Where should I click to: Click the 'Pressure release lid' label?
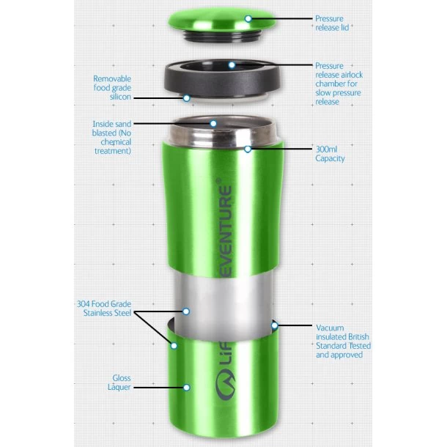click(332, 23)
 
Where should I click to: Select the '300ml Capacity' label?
click(330, 154)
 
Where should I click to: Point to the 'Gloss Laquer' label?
click(119, 383)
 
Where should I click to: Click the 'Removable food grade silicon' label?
click(112, 87)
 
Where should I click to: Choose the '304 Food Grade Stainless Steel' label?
click(104, 309)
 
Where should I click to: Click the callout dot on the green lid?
click(248, 19)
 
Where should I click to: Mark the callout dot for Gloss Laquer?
click(187, 388)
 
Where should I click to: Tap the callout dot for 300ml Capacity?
click(248, 149)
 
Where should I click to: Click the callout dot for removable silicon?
click(186, 98)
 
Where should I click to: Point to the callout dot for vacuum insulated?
click(275, 325)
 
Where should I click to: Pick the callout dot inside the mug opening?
click(213, 123)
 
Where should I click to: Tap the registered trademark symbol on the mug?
click(218, 181)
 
